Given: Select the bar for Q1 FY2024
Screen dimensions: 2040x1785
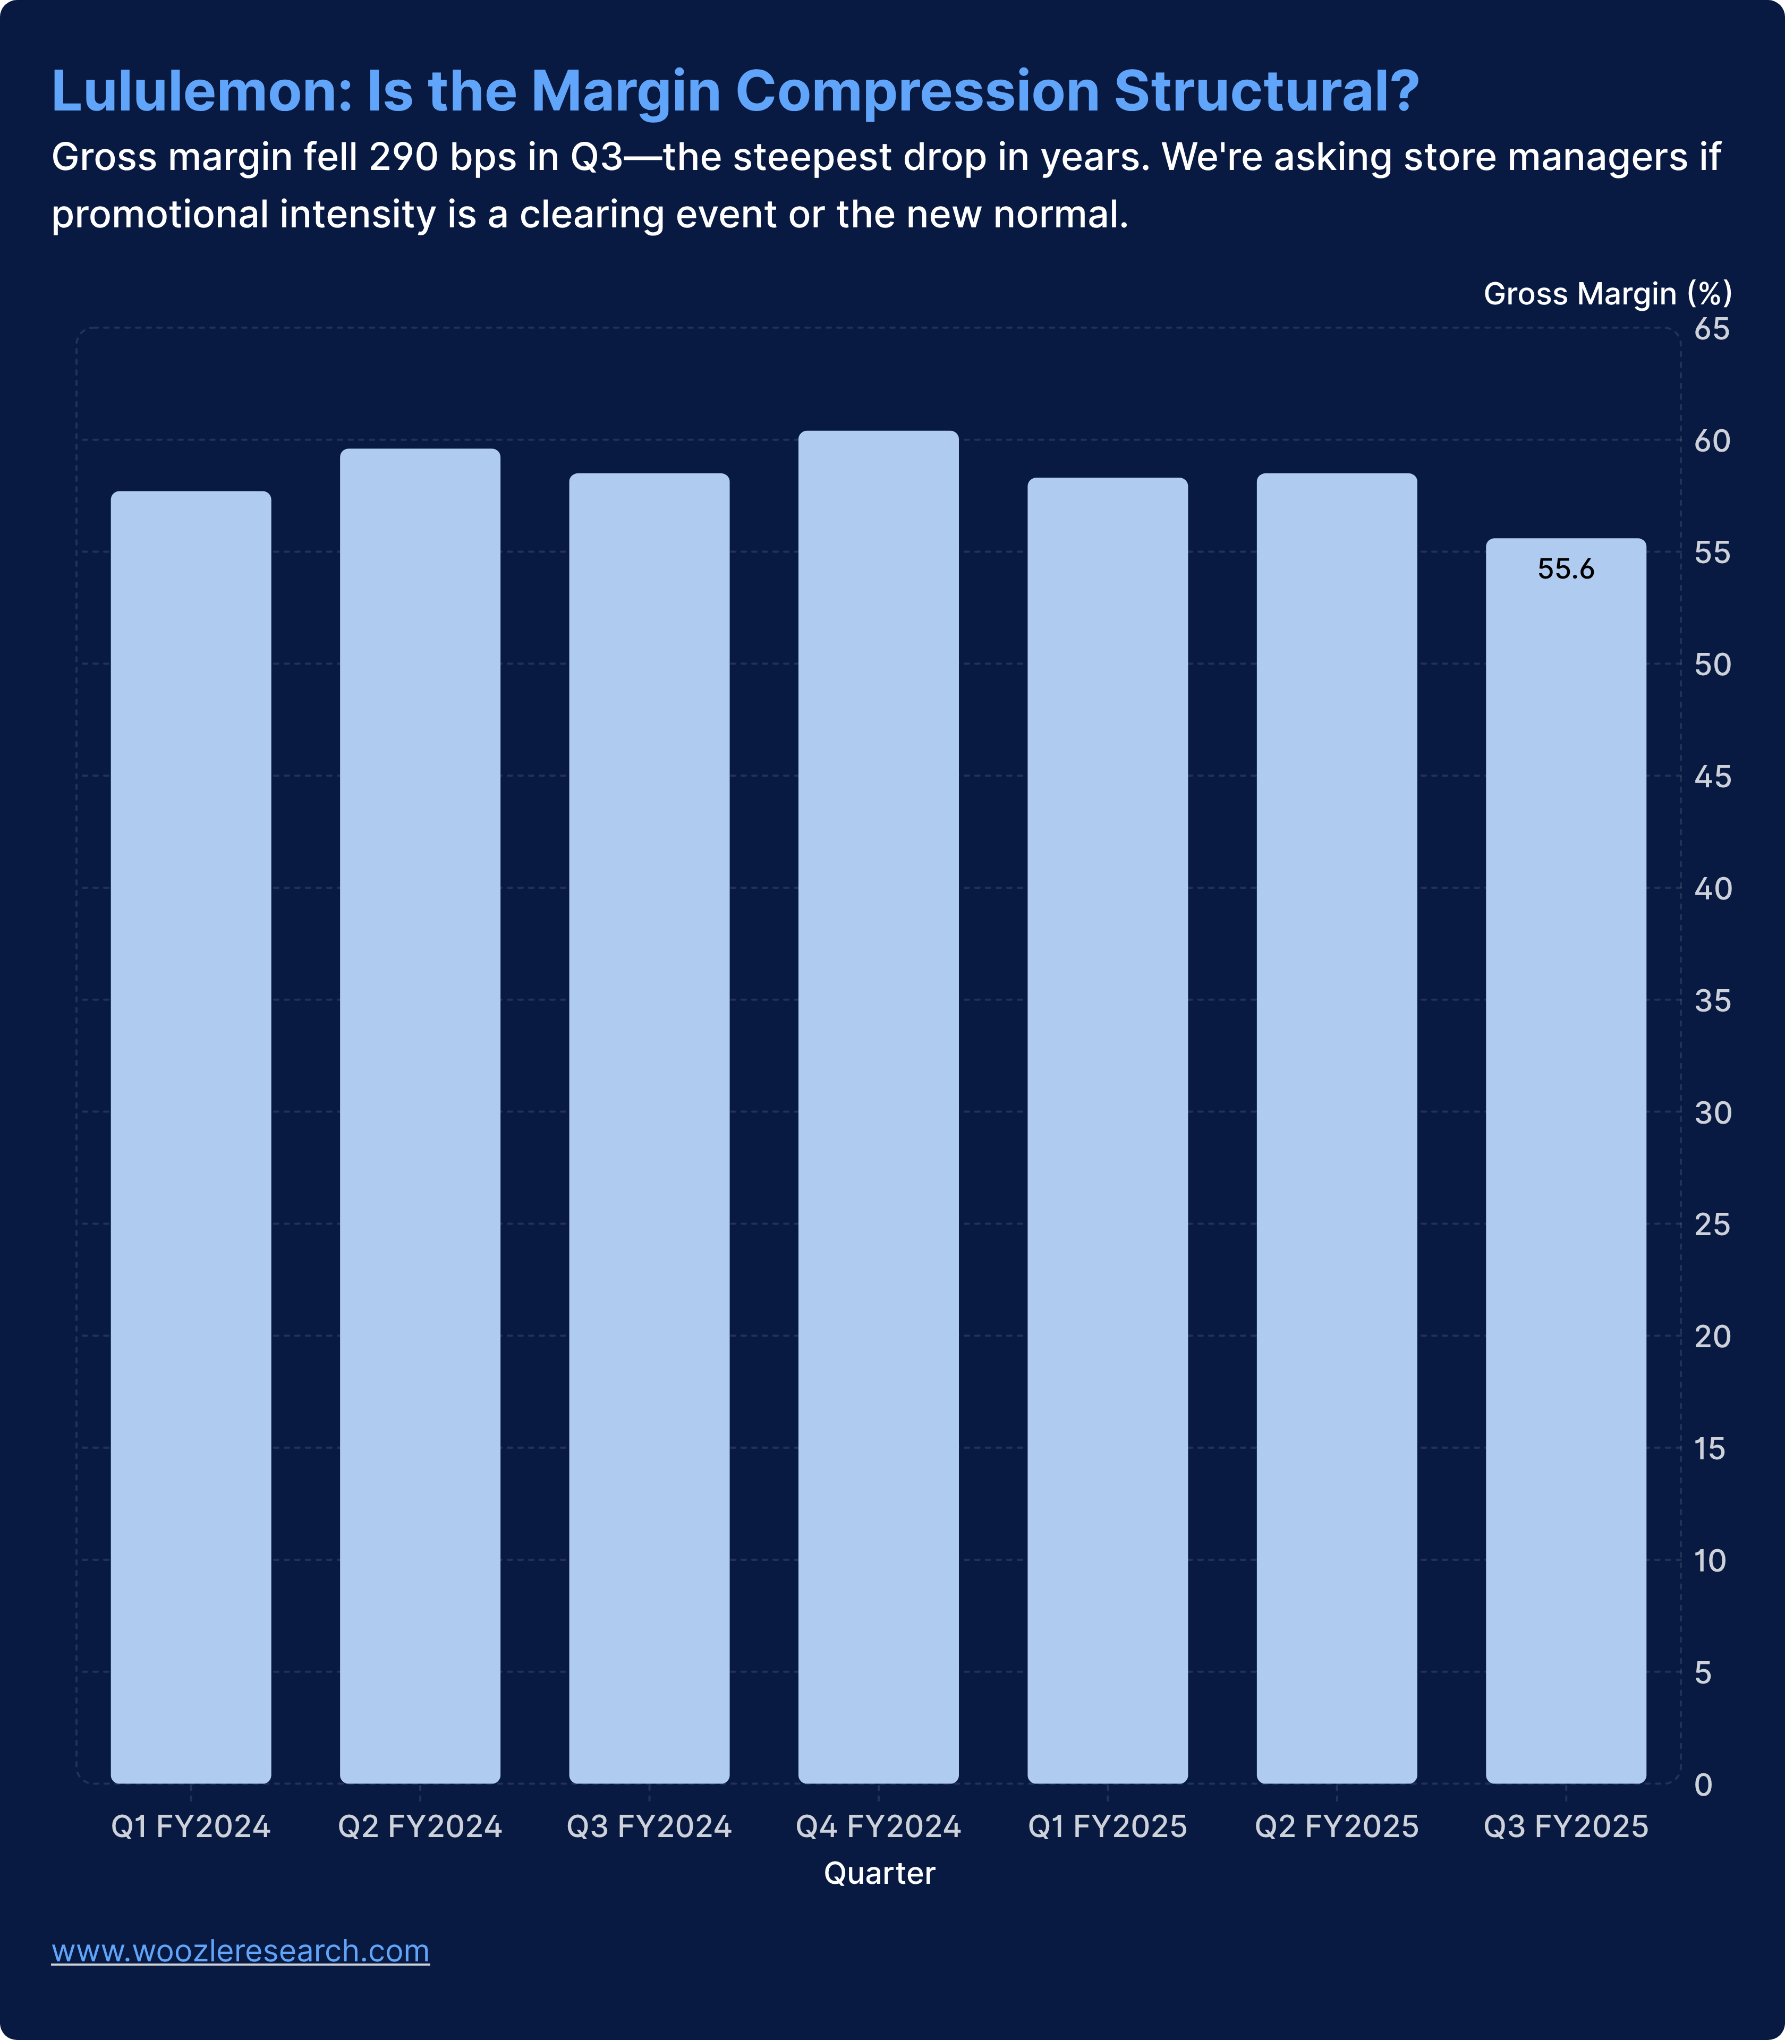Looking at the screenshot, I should [x=190, y=1136].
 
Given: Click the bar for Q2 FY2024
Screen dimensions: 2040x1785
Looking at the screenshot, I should [x=419, y=1116].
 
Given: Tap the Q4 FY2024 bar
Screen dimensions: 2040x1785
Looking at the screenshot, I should [x=878, y=1106].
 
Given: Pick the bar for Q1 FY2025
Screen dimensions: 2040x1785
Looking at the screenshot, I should [x=1107, y=1130].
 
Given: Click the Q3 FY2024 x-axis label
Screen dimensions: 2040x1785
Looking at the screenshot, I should [x=649, y=1827].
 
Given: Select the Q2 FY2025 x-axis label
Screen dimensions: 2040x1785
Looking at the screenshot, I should [x=1336, y=1827].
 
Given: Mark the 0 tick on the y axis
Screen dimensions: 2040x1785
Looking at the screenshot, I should [x=1703, y=1784].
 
